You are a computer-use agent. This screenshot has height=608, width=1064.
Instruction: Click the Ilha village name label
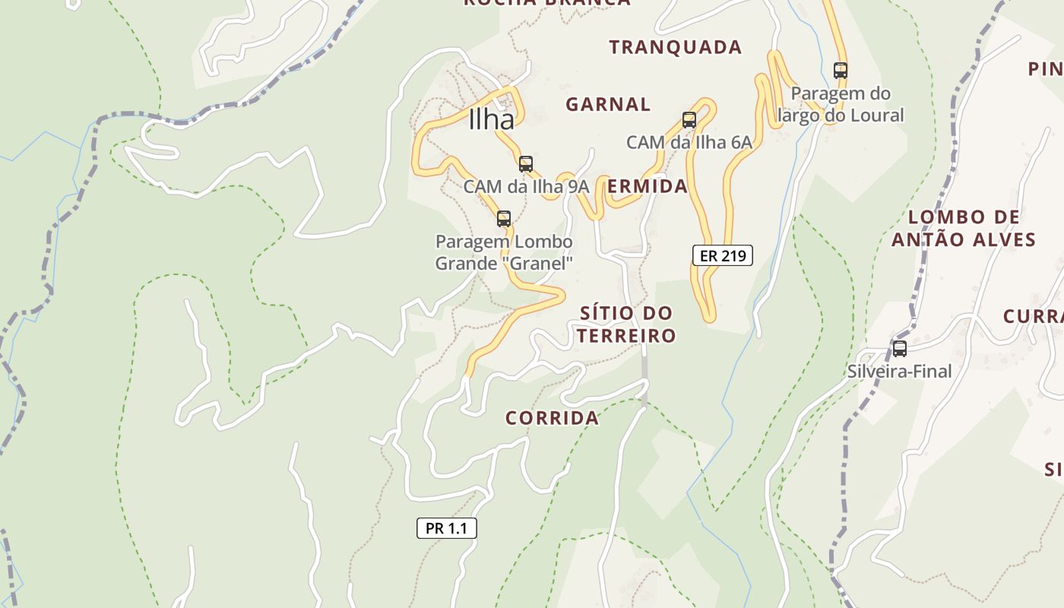click(x=491, y=119)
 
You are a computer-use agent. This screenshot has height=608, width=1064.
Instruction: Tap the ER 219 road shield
click(x=722, y=255)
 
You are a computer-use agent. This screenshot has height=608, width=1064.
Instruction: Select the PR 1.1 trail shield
click(x=446, y=528)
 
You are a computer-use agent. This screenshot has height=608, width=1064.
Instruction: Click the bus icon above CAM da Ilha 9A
click(x=525, y=163)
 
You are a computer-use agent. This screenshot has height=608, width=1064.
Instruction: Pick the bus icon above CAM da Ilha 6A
click(x=689, y=120)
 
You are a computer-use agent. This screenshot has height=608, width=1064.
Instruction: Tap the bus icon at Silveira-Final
click(x=899, y=349)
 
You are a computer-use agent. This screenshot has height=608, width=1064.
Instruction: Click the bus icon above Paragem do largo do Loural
click(x=840, y=71)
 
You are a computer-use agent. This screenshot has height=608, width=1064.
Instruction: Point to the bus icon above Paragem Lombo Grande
click(x=503, y=219)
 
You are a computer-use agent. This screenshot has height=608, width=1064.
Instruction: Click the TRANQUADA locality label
click(x=675, y=47)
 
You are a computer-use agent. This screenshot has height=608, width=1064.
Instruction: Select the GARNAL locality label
click(x=608, y=104)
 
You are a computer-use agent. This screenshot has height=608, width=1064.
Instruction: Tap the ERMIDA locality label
click(x=647, y=186)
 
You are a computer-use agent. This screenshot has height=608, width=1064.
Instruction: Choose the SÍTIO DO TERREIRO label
click(x=625, y=325)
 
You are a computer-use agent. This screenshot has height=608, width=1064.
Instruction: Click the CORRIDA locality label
click(x=552, y=418)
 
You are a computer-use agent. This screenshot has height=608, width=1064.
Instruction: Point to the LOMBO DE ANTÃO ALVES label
click(x=964, y=229)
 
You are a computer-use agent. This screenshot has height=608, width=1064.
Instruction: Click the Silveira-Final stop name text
click(x=899, y=372)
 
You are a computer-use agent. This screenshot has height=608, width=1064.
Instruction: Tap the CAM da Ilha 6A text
click(x=689, y=142)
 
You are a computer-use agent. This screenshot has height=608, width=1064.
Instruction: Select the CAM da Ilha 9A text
click(x=526, y=186)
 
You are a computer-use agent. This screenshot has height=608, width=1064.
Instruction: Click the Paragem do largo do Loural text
click(x=840, y=104)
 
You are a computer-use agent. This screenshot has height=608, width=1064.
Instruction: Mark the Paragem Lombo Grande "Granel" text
click(x=503, y=252)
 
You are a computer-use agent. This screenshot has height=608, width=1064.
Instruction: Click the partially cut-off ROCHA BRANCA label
click(x=546, y=2)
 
